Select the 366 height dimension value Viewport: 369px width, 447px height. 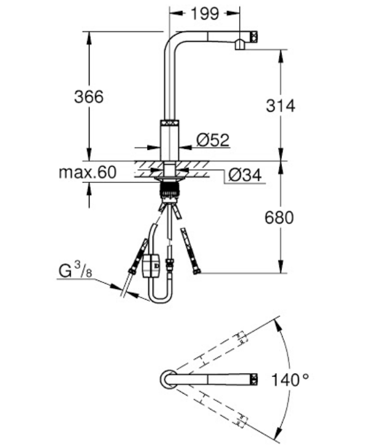(x=88, y=96)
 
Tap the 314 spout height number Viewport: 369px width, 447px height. (x=281, y=105)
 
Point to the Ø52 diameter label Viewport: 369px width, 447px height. (x=213, y=141)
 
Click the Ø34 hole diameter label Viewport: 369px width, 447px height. (x=245, y=176)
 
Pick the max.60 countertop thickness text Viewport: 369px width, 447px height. (x=87, y=173)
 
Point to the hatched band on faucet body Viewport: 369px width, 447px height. (x=169, y=123)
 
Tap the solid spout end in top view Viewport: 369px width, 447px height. (x=251, y=379)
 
